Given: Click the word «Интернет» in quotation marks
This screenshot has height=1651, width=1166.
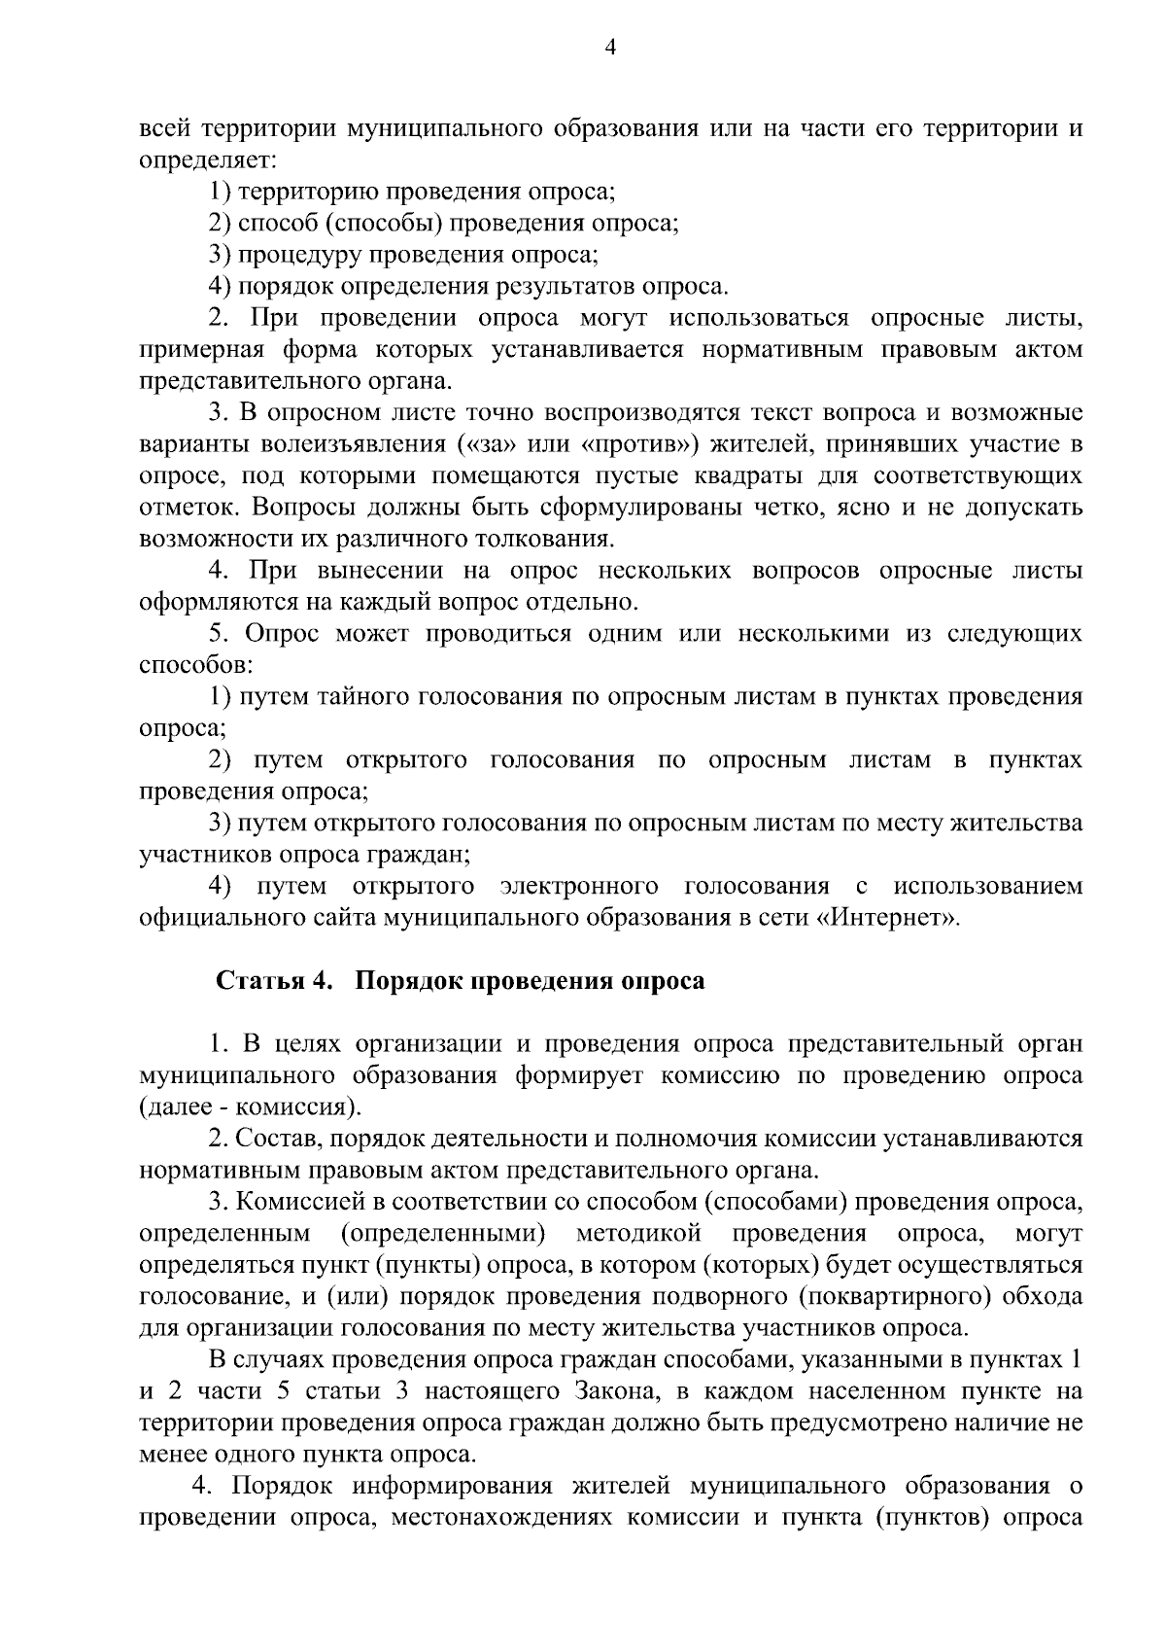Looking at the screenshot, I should tap(886, 918).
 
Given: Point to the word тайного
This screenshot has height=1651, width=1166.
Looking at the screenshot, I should tap(364, 696).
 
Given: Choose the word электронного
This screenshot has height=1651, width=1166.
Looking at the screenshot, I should tap(578, 886).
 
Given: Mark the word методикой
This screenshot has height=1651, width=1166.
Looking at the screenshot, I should tap(638, 1234).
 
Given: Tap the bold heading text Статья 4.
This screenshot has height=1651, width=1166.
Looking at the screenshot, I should tap(273, 981).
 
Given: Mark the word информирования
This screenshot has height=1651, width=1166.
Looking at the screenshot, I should tap(448, 1487).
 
